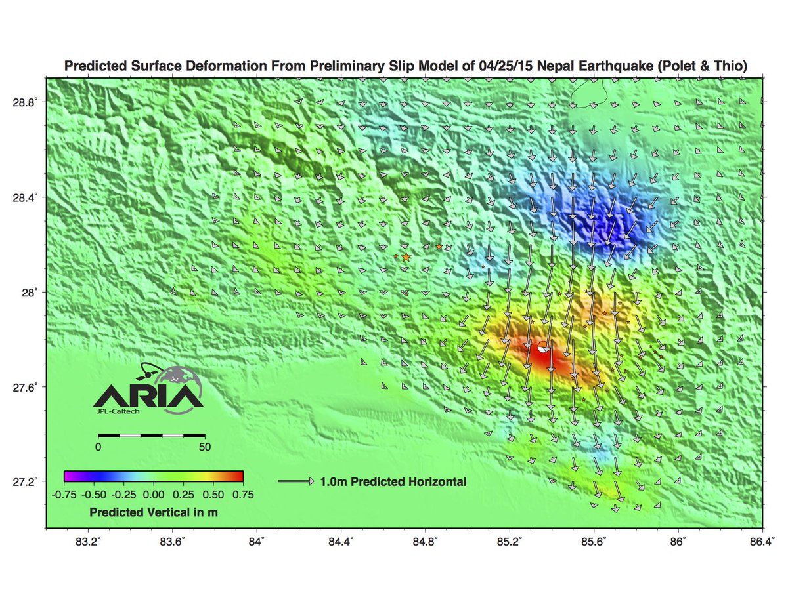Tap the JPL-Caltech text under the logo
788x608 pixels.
[118, 412]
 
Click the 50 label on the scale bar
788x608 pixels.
[205, 447]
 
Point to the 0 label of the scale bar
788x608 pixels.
[98, 447]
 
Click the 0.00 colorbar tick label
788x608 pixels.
[153, 493]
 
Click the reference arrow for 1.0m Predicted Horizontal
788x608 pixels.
[296, 481]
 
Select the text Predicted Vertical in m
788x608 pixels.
[153, 512]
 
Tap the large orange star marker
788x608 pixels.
[406, 257]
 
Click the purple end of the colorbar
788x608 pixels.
[68, 476]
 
